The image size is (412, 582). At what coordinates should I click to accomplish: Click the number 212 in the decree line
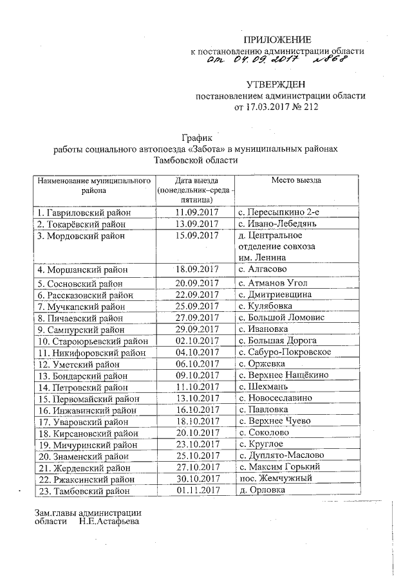click(x=310, y=107)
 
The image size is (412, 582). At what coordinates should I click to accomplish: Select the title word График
click(x=196, y=138)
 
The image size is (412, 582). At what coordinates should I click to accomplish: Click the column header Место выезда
click(x=295, y=180)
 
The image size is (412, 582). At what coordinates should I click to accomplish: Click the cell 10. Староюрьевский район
click(x=92, y=341)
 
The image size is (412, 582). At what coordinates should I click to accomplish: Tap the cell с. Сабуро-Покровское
click(x=285, y=352)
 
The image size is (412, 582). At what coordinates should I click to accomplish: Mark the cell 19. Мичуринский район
click(x=87, y=444)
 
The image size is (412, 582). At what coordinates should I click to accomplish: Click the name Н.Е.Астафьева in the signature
click(x=109, y=522)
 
